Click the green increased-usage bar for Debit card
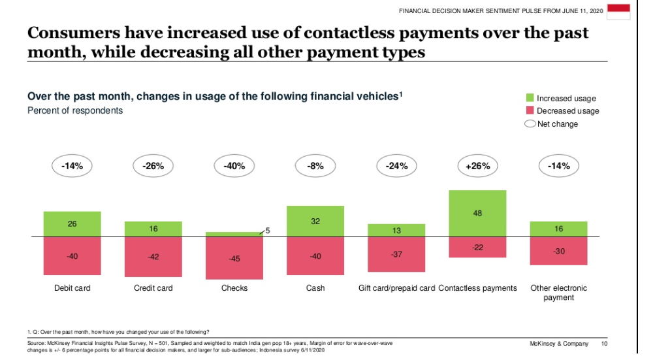pos(72,224)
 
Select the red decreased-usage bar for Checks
pos(234,258)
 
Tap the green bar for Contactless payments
pos(477,213)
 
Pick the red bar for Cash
pos(315,255)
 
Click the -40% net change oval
pos(234,166)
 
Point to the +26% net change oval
pos(477,166)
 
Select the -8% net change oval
pos(315,166)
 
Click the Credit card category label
pos(153,288)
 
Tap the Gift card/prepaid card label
pos(396,288)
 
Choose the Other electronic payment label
pos(558,293)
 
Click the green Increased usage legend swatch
pos(530,98)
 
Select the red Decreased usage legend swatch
pos(530,110)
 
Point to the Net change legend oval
pos(530,123)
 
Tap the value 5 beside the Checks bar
pos(267,230)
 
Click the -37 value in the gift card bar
pos(396,254)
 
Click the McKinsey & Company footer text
pos(559,344)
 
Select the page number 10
pos(604,344)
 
